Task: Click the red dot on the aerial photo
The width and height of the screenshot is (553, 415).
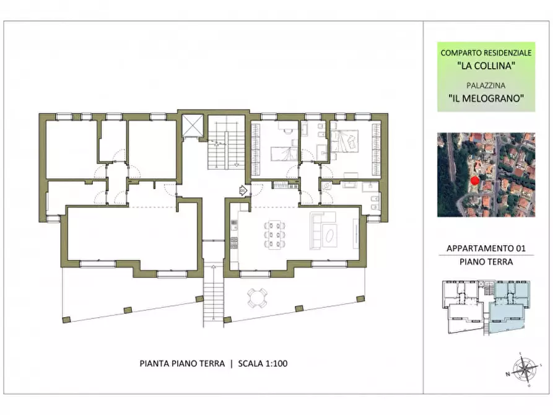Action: (x=475, y=181)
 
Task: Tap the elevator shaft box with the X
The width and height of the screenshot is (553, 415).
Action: (x=192, y=125)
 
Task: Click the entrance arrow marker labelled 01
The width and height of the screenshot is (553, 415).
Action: (x=243, y=191)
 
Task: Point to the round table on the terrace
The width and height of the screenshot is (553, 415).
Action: (x=257, y=298)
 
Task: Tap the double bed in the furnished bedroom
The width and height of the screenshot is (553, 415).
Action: (x=344, y=141)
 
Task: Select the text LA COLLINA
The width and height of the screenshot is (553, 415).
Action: (x=486, y=66)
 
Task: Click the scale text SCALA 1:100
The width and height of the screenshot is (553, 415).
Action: (x=263, y=364)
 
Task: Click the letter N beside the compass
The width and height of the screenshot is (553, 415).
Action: (x=508, y=374)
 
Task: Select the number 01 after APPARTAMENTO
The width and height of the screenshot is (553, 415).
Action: (x=521, y=248)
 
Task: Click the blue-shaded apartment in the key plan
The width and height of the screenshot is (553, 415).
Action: (x=509, y=307)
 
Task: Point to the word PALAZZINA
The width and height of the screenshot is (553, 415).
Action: (x=486, y=85)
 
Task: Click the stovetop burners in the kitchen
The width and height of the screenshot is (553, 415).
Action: (x=234, y=242)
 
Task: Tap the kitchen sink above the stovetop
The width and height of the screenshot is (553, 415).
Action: (x=234, y=224)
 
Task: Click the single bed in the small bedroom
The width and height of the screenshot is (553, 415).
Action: (x=284, y=154)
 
